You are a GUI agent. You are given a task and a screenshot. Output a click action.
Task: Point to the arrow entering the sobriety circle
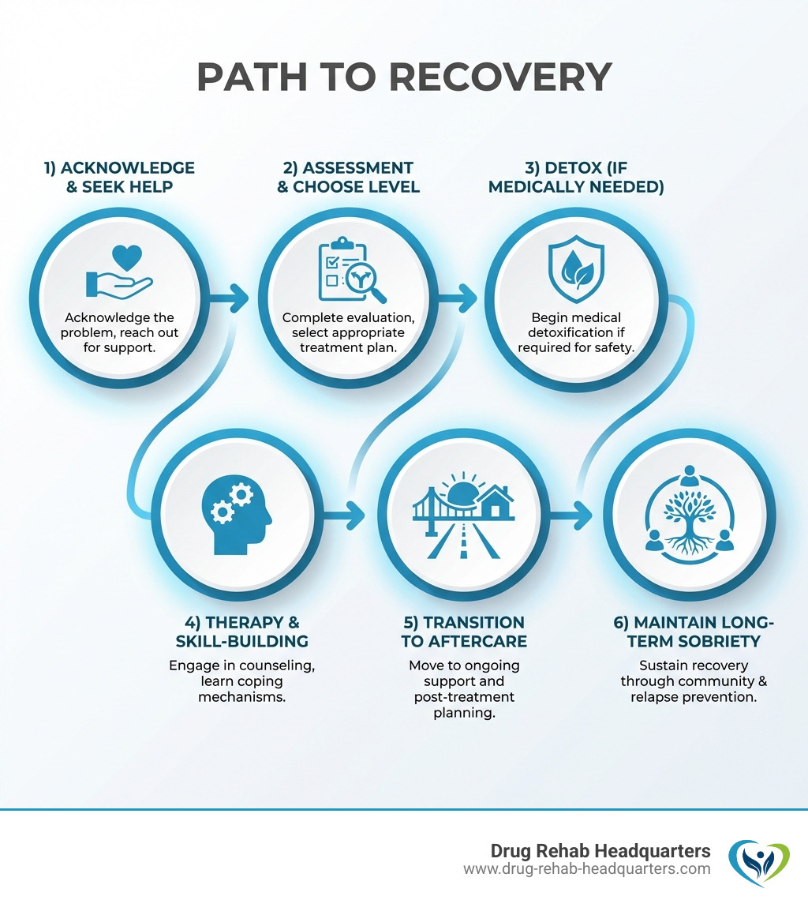(x=575, y=518)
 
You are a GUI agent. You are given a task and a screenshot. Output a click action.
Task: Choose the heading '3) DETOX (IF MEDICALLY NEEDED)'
(x=579, y=178)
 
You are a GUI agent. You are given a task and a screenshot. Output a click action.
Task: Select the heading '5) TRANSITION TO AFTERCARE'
(x=462, y=632)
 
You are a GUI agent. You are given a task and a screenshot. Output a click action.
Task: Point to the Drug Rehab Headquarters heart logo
(x=758, y=863)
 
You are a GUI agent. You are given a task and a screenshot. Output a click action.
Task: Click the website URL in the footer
(x=586, y=869)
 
